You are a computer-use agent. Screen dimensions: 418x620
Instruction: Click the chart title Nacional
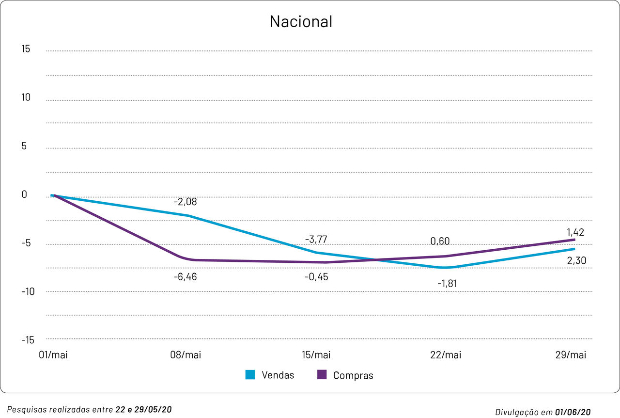coord(301,22)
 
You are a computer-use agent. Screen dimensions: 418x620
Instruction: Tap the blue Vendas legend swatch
coord(250,375)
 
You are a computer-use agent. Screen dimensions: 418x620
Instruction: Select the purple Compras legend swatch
coord(322,375)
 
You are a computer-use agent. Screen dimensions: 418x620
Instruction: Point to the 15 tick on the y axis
coord(26,49)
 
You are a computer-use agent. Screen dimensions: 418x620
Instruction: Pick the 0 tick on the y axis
coord(24,194)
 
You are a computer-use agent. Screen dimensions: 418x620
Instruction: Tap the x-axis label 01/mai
coord(53,355)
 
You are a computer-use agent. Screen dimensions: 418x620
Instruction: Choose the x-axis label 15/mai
coord(316,355)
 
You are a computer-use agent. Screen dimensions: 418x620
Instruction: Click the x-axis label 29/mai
coord(571,355)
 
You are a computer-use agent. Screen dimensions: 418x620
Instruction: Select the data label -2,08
coord(185,202)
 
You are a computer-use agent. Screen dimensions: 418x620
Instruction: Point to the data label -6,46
coord(185,277)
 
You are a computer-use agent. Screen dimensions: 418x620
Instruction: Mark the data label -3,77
coord(316,239)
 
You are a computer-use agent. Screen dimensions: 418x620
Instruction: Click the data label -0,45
coord(316,277)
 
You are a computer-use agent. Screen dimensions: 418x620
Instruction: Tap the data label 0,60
coord(440,241)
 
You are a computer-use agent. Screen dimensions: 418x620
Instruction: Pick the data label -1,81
coord(447,283)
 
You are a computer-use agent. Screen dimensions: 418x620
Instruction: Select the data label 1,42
coord(575,232)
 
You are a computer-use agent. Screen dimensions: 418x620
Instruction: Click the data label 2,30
coord(576,261)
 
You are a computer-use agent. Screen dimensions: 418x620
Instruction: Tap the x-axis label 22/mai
coord(446,355)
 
